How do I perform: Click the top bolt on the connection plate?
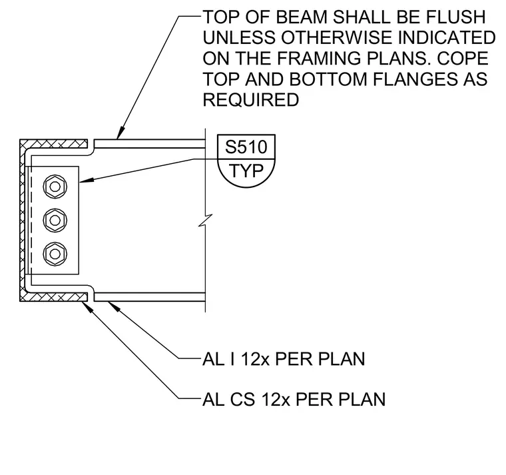tap(55, 187)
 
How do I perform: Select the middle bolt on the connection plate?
tap(55, 221)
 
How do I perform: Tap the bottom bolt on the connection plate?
tap(55, 254)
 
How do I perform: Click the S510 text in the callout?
tap(246, 147)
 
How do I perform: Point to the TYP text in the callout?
tap(246, 171)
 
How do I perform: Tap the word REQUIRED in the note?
tap(251, 100)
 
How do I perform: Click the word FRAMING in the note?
tap(318, 59)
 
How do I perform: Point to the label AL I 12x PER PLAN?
tap(284, 359)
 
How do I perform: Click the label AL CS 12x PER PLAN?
tap(294, 400)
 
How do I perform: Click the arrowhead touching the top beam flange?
tap(120, 133)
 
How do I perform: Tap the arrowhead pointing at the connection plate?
tap(86, 180)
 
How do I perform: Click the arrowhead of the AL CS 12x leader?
tap(88, 307)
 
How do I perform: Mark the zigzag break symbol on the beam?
tap(205, 221)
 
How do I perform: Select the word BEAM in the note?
tap(302, 17)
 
